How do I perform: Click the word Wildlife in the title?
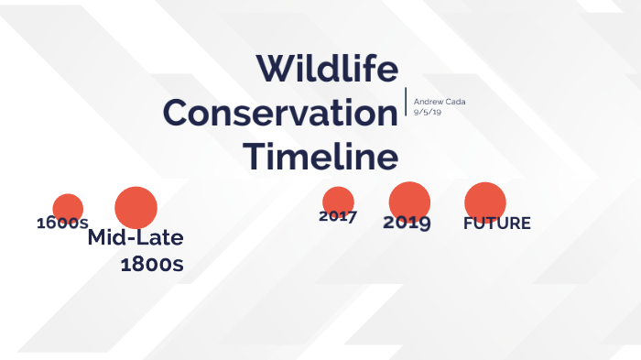(x=326, y=70)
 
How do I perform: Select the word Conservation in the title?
(x=280, y=114)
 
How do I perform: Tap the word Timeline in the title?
(x=320, y=156)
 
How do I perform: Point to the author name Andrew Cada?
(x=438, y=100)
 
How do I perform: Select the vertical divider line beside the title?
(x=406, y=102)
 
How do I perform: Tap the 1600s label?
(x=62, y=224)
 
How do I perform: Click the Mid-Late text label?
(x=136, y=238)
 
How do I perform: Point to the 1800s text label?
(x=152, y=266)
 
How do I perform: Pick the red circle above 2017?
(x=338, y=201)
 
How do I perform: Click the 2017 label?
(x=338, y=217)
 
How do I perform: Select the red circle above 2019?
(x=409, y=201)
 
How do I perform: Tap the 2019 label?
(x=407, y=223)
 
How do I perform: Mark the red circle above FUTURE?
(x=485, y=202)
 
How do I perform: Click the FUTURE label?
(x=496, y=224)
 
